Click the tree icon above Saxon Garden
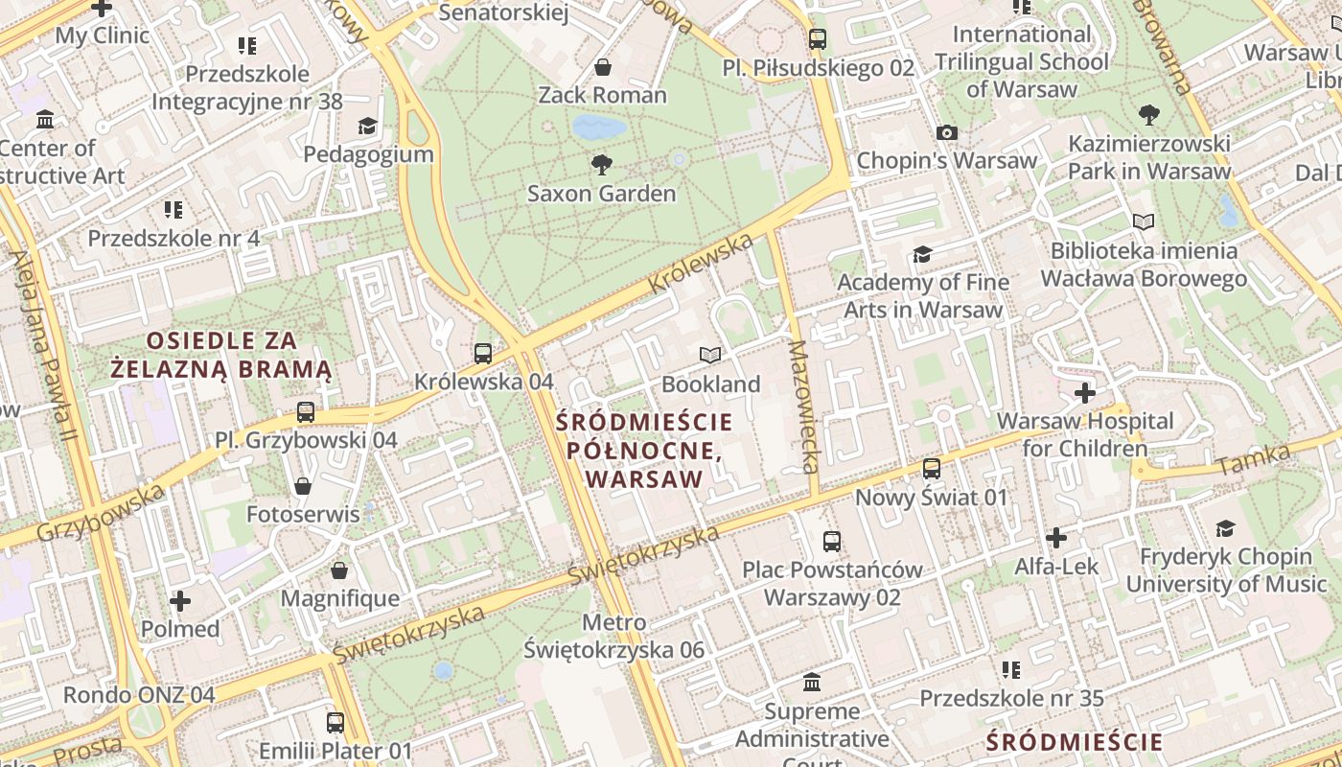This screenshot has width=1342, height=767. pyautogui.click(x=602, y=164)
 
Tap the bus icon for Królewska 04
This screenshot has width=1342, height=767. pyautogui.click(x=483, y=353)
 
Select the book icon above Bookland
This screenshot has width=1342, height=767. pyautogui.click(x=709, y=356)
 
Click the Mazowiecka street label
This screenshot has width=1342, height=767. pyautogui.click(x=803, y=407)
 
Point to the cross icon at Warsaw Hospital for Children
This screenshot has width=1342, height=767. pyautogui.click(x=1084, y=393)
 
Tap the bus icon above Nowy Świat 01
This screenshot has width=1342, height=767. pyautogui.click(x=932, y=469)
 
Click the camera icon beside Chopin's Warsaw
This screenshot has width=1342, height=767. pyautogui.click(x=947, y=132)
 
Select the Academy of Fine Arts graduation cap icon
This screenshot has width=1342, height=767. pyautogui.click(x=922, y=254)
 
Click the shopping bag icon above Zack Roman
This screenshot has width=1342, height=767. pyautogui.click(x=603, y=67)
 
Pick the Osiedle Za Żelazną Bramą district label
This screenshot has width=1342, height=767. pyautogui.click(x=221, y=355)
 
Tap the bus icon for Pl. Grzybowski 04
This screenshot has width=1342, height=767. pyautogui.click(x=305, y=412)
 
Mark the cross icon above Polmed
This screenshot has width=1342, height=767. pyautogui.click(x=179, y=601)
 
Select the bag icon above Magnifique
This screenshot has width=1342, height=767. pyautogui.click(x=339, y=571)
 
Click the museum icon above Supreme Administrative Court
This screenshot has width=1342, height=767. pyautogui.click(x=812, y=683)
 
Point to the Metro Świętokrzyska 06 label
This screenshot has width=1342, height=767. pyautogui.click(x=614, y=637)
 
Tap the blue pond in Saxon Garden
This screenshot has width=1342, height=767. pyautogui.click(x=599, y=127)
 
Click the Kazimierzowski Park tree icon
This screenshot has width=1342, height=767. pyautogui.click(x=1148, y=116)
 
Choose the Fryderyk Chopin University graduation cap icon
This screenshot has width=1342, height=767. pyautogui.click(x=1225, y=528)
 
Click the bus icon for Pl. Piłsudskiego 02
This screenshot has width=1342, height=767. pyautogui.click(x=817, y=39)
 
